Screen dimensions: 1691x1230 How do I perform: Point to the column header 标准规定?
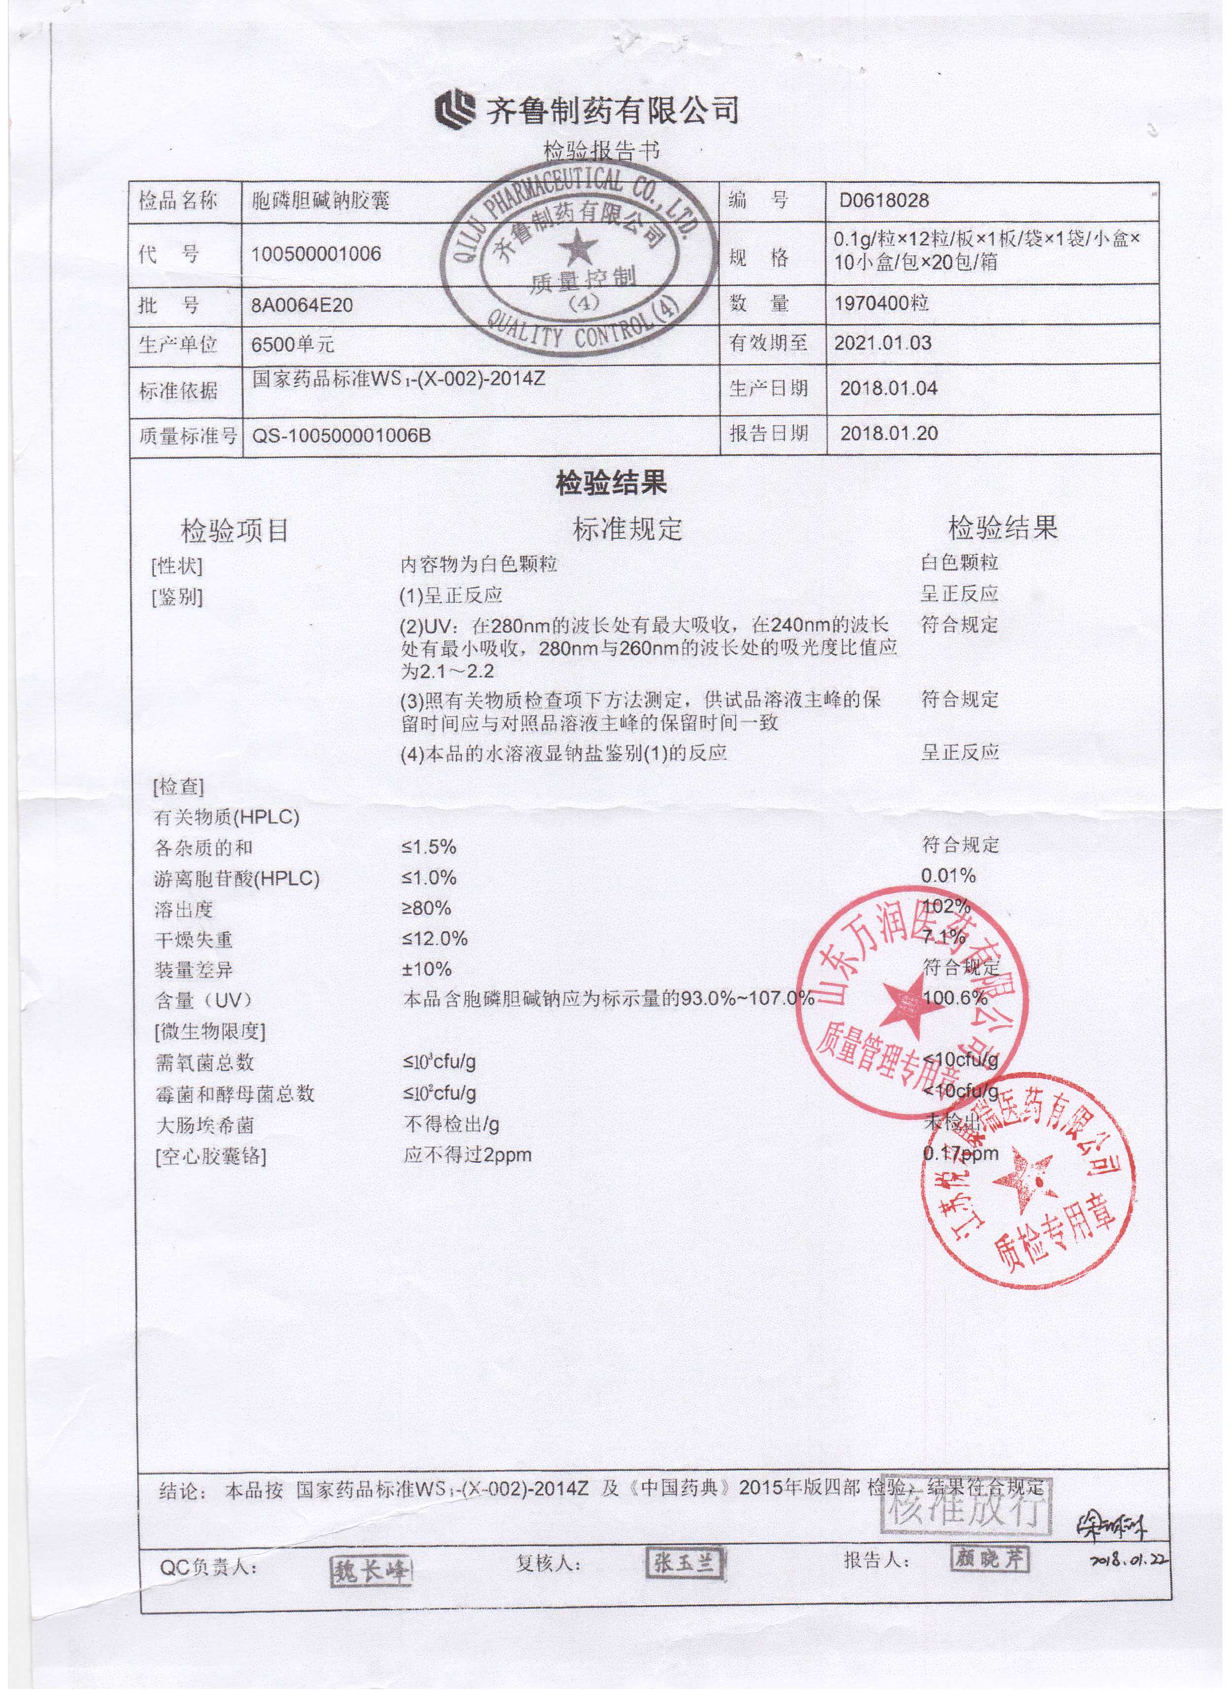click(627, 529)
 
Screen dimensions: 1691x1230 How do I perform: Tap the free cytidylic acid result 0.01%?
click(948, 876)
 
